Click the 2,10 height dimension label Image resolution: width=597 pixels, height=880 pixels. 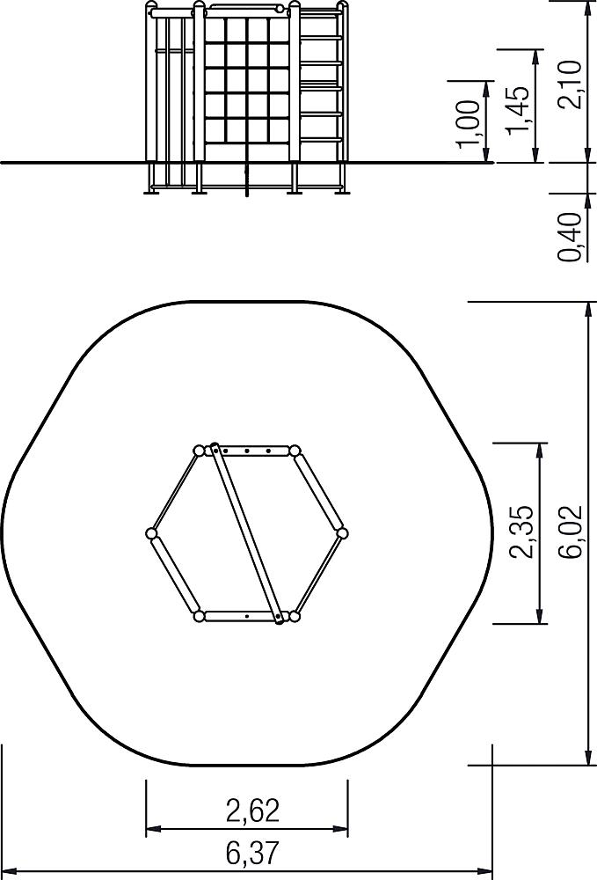(572, 84)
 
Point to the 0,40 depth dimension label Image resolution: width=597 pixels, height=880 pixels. (570, 236)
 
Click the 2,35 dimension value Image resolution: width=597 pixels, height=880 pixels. (521, 532)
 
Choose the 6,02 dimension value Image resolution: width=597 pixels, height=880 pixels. (572, 532)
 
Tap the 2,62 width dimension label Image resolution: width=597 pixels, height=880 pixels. (252, 811)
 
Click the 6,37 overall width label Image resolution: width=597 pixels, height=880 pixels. (252, 853)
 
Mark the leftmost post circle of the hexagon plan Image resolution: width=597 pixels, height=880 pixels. (151, 533)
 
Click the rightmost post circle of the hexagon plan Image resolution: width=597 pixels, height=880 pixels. (343, 532)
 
